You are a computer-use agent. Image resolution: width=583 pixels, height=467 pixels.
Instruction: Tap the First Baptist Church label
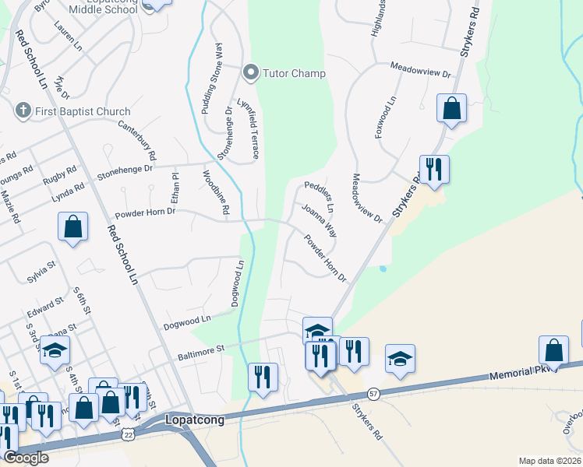[x=83, y=111]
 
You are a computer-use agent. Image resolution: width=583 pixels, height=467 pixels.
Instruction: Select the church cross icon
[x=24, y=111]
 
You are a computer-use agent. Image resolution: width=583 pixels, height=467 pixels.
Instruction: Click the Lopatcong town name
[x=196, y=420]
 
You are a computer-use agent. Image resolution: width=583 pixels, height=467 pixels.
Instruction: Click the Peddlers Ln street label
[x=319, y=197]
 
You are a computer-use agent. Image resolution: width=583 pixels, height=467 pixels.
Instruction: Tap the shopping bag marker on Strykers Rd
[x=452, y=108]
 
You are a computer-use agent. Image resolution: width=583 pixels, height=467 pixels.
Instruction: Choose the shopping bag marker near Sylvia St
[x=72, y=228]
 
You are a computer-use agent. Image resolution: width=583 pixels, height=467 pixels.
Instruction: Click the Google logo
[x=26, y=458]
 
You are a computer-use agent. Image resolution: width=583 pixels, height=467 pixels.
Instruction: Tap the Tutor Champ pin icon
[x=251, y=74]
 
